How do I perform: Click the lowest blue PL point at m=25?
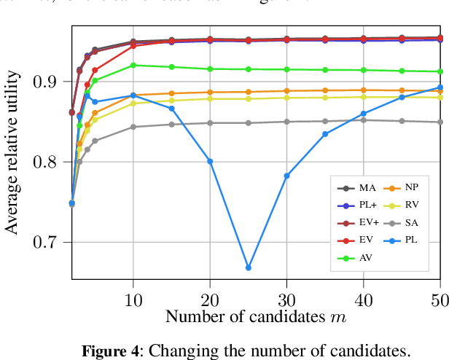point(249,268)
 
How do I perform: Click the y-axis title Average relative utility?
point(12,154)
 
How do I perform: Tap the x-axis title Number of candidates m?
point(254,316)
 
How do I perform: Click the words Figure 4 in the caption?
point(113,350)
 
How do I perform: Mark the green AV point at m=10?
point(133,65)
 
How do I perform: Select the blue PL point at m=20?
point(210,161)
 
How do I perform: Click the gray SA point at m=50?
point(440,122)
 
